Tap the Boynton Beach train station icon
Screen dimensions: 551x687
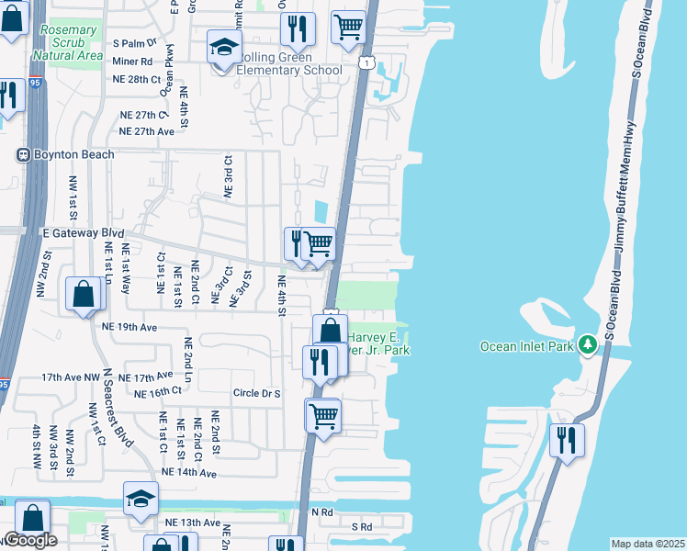pyautogui.click(x=25, y=154)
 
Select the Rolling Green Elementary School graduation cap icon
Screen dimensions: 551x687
pyautogui.click(x=224, y=47)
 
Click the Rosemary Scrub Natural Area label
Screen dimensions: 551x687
pyautogui.click(x=68, y=42)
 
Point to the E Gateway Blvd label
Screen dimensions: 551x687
pyautogui.click(x=83, y=233)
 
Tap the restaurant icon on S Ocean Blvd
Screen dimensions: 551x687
pyautogui.click(x=567, y=439)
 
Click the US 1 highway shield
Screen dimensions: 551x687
pyautogui.click(x=366, y=62)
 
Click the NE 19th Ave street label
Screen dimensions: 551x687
pyautogui.click(x=131, y=326)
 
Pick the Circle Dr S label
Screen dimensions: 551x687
pyautogui.click(x=255, y=393)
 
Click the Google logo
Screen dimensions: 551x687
pyautogui.click(x=30, y=540)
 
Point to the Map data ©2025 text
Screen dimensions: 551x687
pyautogui.click(x=648, y=544)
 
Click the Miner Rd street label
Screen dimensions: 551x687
pyautogui.click(x=133, y=62)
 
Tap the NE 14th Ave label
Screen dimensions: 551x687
pyautogui.click(x=188, y=473)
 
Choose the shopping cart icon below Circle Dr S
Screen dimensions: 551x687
pyautogui.click(x=322, y=414)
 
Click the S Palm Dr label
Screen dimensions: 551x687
pyautogui.click(x=135, y=43)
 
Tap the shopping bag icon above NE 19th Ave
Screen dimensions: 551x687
pyautogui.click(x=83, y=294)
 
